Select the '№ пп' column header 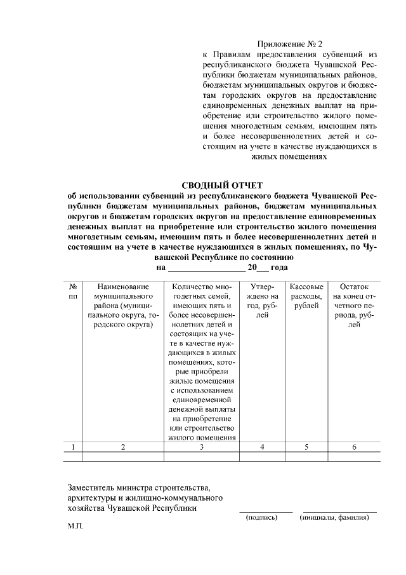point(74,292)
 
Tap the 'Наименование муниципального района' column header point(123,306)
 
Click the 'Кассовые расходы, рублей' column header point(306,296)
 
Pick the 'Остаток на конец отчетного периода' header point(354,306)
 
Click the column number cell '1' point(74,447)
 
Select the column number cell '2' point(123,447)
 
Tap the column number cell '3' point(201,447)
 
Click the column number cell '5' point(306,447)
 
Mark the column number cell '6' point(354,447)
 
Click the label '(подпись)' point(262,517)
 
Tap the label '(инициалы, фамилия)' point(334,517)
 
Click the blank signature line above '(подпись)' point(266,510)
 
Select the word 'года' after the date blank point(279,268)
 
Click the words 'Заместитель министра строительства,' point(138,487)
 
